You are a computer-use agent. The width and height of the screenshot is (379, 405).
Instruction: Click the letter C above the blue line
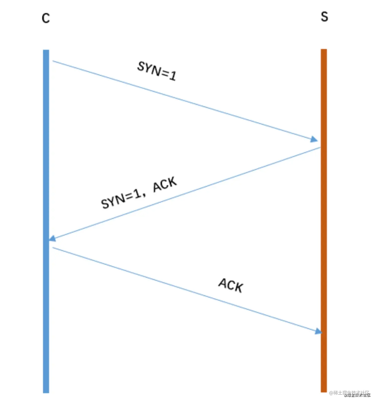(46, 18)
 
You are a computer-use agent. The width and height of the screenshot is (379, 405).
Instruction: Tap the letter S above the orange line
(325, 17)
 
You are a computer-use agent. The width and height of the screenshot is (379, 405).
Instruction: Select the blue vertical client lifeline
(46, 176)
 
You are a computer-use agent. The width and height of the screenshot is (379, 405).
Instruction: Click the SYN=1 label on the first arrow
(157, 71)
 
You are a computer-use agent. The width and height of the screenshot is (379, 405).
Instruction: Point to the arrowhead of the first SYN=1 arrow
(314, 139)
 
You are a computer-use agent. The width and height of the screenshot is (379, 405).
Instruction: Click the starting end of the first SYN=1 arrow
(53, 61)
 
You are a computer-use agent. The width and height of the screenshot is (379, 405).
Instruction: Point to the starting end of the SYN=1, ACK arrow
(320, 148)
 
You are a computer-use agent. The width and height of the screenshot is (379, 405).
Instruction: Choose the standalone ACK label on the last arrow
(231, 285)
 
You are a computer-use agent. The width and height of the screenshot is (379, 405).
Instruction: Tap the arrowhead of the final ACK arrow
(319, 331)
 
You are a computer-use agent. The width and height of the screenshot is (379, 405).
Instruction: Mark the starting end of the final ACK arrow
(53, 248)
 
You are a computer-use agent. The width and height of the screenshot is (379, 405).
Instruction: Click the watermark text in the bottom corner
(350, 393)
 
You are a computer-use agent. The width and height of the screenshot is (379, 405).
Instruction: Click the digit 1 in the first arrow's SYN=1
(172, 75)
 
